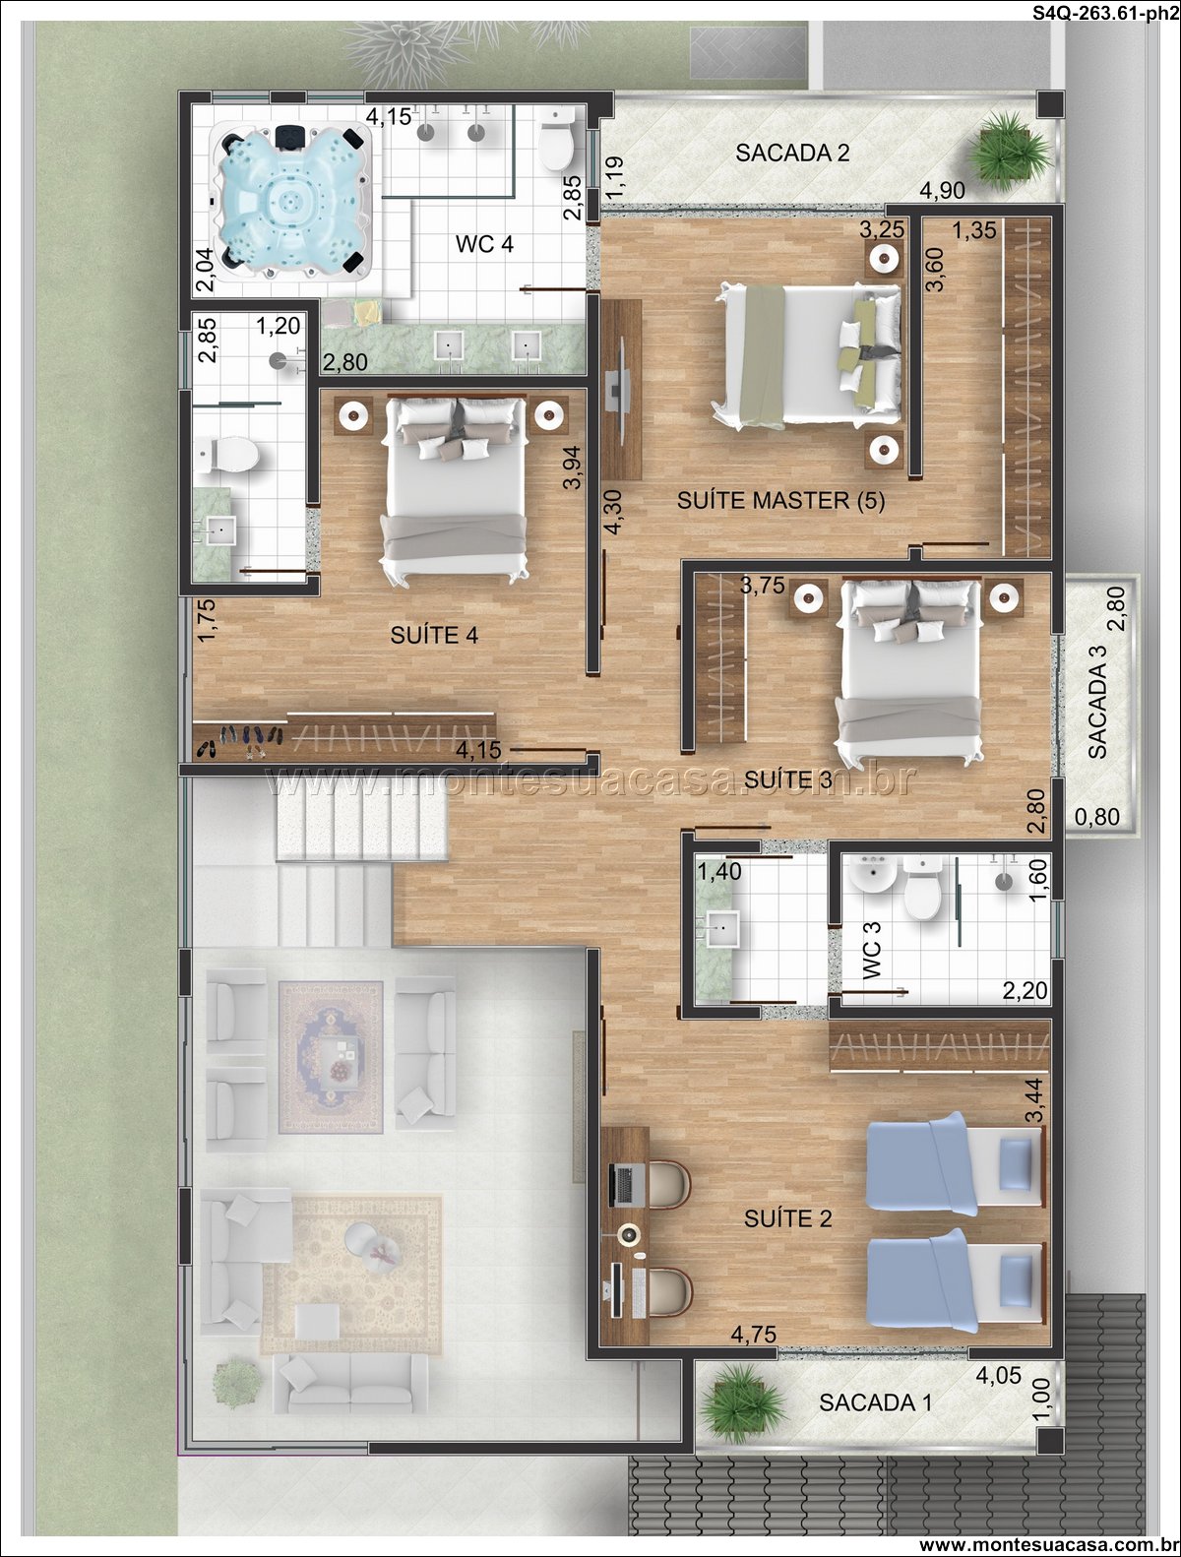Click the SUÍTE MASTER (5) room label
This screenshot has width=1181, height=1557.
[781, 500]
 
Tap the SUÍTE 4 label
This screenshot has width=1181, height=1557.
[434, 634]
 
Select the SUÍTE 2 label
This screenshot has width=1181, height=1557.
[787, 1217]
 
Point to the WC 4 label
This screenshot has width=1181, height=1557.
[484, 243]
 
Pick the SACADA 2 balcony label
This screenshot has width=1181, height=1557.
[792, 153]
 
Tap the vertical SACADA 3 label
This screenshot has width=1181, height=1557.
[1097, 702]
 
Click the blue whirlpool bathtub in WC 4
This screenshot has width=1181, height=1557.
[290, 201]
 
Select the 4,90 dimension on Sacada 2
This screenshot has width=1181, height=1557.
[942, 190]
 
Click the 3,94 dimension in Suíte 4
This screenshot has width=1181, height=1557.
[572, 467]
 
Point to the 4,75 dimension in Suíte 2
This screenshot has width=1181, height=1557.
[753, 1335]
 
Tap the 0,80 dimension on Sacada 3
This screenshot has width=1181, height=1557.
[1097, 817]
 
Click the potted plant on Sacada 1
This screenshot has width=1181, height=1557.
[741, 1402]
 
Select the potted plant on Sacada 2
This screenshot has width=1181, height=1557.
[1009, 151]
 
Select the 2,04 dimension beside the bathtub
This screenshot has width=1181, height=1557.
[205, 270]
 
